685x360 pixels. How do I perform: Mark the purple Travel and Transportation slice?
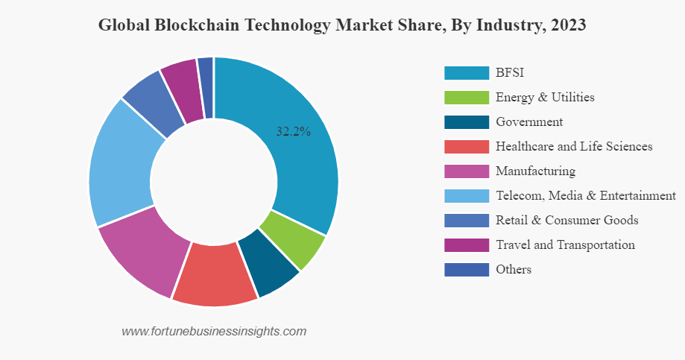tap(183, 86)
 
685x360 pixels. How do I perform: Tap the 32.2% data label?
tap(293, 131)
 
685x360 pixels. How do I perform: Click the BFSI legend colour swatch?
tap(466, 72)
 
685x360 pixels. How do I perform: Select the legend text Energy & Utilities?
tap(545, 97)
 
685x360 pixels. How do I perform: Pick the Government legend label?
tap(529, 121)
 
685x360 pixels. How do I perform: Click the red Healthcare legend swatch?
tap(466, 146)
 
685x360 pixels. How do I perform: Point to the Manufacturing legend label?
tap(535, 171)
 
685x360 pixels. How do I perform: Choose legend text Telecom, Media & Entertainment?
tap(585, 195)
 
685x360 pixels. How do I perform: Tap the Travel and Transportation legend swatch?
tap(466, 244)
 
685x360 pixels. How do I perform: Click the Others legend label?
tap(514, 269)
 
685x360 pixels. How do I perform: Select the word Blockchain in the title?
tap(190, 25)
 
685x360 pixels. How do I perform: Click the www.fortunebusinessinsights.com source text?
tap(214, 331)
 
